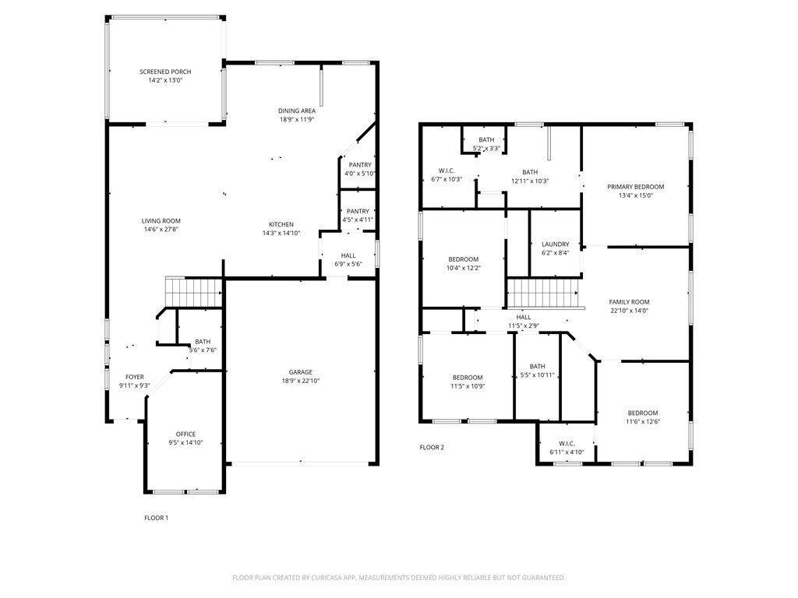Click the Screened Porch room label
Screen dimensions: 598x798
coord(165,72)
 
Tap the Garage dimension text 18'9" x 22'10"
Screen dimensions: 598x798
coord(301,382)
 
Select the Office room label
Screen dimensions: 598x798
coord(185,434)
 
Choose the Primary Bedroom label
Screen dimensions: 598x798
coord(636,187)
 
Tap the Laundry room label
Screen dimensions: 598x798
coord(556,244)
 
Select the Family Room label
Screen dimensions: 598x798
coord(629,302)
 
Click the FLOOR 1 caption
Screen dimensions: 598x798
coord(156,518)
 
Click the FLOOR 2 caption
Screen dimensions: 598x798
coord(432,447)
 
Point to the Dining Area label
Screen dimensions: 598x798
coord(297,111)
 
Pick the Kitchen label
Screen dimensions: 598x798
coord(281,224)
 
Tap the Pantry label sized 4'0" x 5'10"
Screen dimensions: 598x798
coord(360,164)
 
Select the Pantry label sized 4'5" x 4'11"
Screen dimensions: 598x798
coord(358,211)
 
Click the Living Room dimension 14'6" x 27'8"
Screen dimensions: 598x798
coord(161,230)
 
